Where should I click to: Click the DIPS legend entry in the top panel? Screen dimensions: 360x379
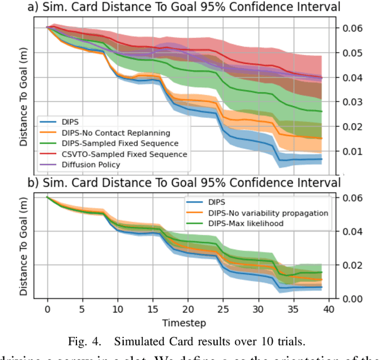(x=72, y=122)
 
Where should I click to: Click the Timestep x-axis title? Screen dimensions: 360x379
(x=187, y=323)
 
